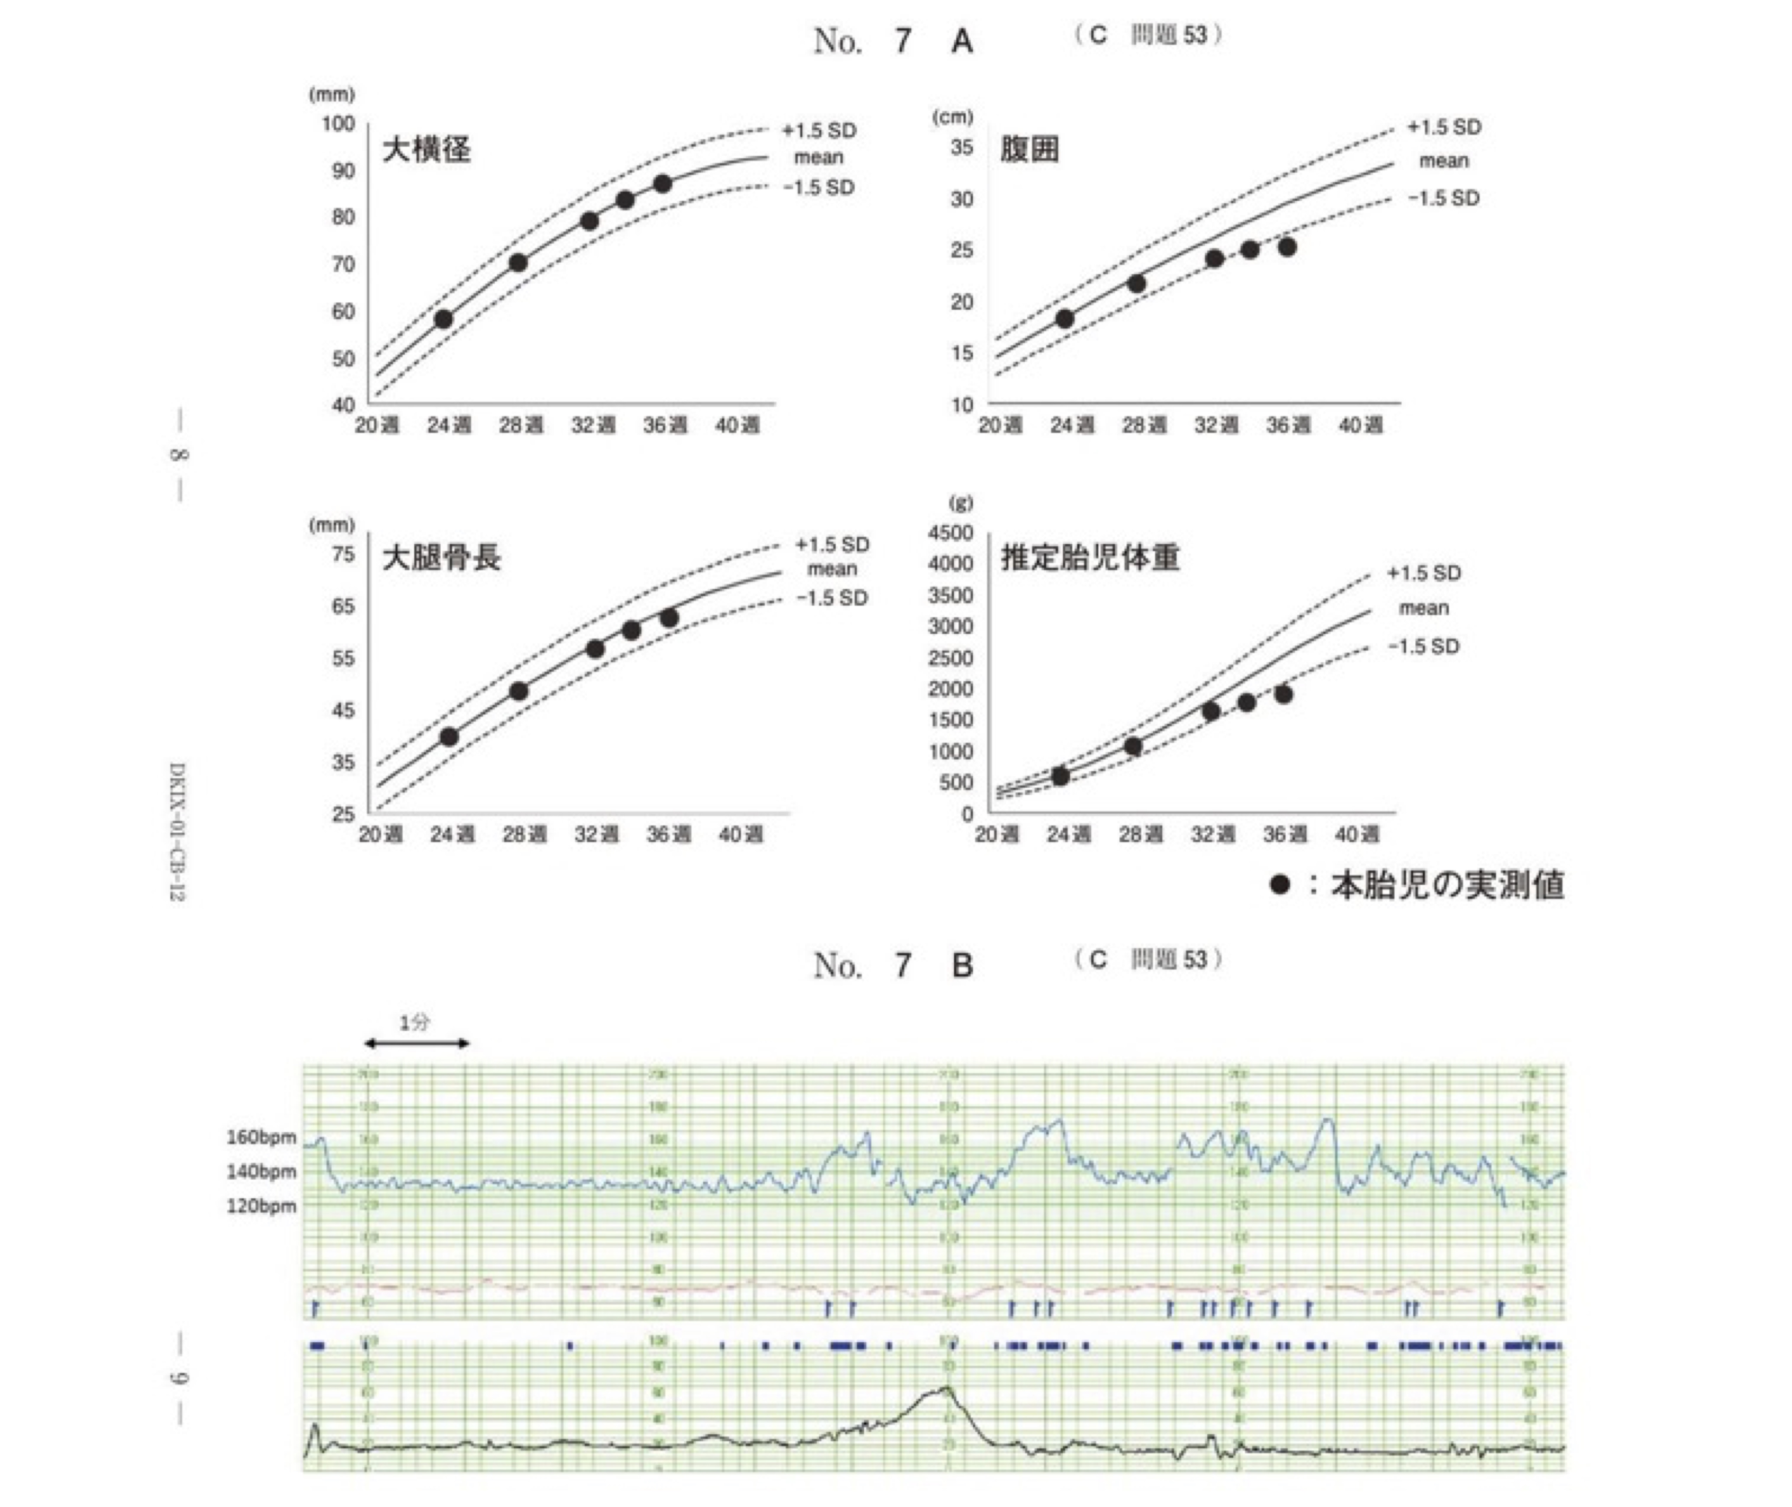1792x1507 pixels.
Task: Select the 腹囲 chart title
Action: [x=1029, y=150]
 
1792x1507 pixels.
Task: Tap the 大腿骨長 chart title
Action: [x=441, y=558]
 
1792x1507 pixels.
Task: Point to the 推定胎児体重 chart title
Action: [x=1090, y=558]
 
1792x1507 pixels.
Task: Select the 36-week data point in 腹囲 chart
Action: [x=1287, y=247]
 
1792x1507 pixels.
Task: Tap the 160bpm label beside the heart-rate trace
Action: [x=261, y=1138]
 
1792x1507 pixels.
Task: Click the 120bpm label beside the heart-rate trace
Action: [x=261, y=1206]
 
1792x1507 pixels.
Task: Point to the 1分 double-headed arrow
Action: [x=417, y=1043]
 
